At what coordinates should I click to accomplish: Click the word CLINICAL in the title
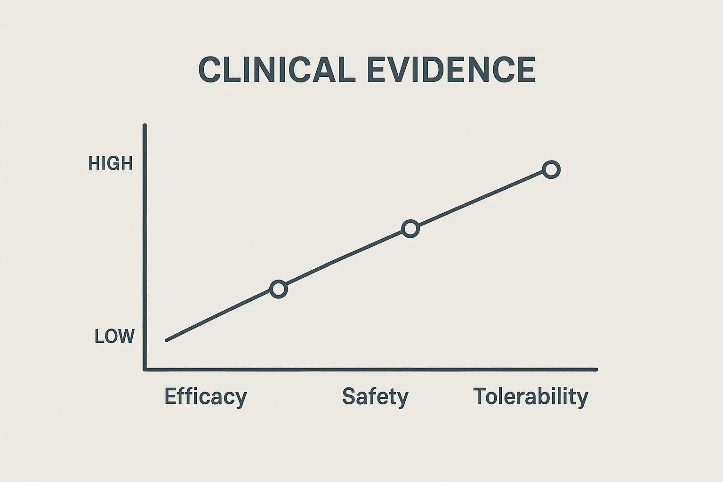[x=276, y=70]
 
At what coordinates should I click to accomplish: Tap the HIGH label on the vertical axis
[x=111, y=164]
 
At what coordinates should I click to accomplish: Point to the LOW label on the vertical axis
[x=114, y=337]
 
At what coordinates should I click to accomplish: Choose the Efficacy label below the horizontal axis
[x=205, y=396]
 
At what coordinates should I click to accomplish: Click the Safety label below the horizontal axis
[x=375, y=396]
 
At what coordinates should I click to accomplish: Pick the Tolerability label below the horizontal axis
[x=530, y=396]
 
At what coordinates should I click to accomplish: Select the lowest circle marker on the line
[x=279, y=289]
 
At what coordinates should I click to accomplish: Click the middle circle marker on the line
[x=410, y=229]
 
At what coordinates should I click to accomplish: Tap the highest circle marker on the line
[x=551, y=169]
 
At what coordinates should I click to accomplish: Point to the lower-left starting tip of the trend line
[x=167, y=340]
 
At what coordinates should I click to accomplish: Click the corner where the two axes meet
[x=145, y=370]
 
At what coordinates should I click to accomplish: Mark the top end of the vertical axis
[x=145, y=126]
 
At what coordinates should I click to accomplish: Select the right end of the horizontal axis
[x=596, y=370]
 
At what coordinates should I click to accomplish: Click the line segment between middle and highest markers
[x=480, y=199]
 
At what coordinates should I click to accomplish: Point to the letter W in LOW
[x=126, y=337]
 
